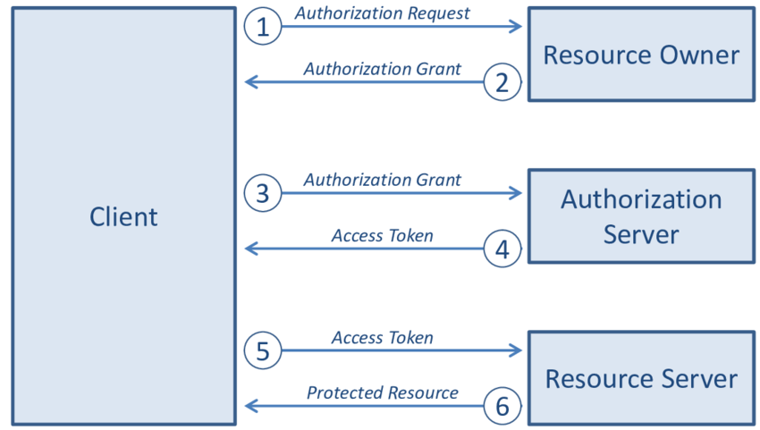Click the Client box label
click(123, 216)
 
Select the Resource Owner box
click(641, 55)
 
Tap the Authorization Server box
click(641, 215)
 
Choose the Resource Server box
click(641, 378)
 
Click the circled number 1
click(262, 27)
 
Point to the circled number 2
click(502, 82)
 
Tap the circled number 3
click(262, 193)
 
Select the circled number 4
click(502, 249)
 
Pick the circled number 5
click(262, 350)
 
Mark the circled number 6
click(502, 406)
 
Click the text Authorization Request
click(382, 13)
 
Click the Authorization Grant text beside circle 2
click(382, 69)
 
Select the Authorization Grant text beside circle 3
click(382, 180)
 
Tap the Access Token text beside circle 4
click(382, 235)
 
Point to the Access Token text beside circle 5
click(382, 337)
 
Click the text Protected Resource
click(382, 392)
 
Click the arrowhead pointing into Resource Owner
click(516, 27)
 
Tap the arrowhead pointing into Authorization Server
click(516, 193)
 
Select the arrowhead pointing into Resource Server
click(516, 350)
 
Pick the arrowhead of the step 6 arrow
click(250, 406)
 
